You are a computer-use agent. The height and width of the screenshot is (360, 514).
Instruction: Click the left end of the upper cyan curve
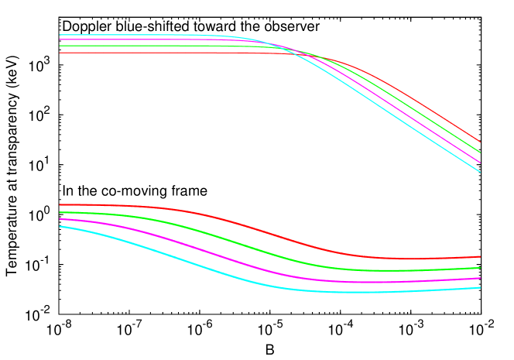click(60, 35)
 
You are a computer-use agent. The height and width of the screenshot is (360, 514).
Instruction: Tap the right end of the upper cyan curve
click(481, 172)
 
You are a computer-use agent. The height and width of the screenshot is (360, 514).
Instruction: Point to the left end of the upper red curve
click(60, 53)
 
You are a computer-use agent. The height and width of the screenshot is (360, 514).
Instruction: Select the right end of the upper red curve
click(481, 142)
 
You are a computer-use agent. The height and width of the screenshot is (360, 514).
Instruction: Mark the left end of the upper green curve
click(60, 46)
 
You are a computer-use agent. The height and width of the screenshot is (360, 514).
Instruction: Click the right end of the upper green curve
click(481, 153)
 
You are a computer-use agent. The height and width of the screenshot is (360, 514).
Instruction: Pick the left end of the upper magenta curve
click(60, 39)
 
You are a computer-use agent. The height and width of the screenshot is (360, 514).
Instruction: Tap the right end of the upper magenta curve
click(481, 163)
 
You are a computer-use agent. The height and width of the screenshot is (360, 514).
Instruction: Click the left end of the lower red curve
click(60, 205)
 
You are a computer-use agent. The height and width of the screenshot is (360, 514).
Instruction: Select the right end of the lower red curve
click(481, 256)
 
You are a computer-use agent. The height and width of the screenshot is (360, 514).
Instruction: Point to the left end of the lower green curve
click(60, 212)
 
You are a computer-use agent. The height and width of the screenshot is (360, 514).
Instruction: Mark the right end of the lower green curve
click(481, 268)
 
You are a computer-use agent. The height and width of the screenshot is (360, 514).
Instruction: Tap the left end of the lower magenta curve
click(60, 219)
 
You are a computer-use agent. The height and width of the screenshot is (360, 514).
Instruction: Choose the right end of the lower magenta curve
click(481, 278)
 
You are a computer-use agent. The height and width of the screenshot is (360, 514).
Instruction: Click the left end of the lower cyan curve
click(60, 226)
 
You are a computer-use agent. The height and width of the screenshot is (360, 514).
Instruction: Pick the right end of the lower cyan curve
click(481, 288)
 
